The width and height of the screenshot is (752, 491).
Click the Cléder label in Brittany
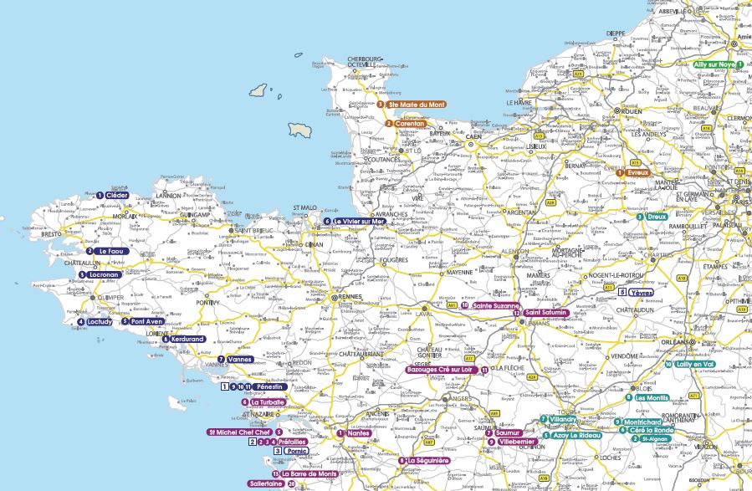tap(116, 195)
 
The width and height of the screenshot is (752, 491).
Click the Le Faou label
tap(110, 251)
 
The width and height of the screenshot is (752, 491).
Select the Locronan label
tap(104, 274)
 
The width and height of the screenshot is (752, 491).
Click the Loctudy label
tap(100, 321)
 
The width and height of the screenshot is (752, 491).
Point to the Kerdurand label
tap(187, 339)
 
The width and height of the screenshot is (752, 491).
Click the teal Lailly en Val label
tap(694, 365)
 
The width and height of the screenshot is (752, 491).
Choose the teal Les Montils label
tap(652, 397)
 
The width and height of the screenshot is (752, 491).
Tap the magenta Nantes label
tap(358, 433)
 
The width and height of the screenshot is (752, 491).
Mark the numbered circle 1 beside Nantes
tap(340, 433)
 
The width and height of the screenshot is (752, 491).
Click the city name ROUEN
tap(633, 110)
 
